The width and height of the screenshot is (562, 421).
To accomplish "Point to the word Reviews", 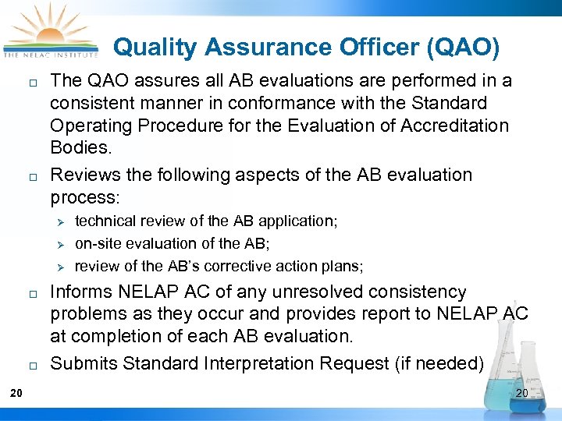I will pos(84,175).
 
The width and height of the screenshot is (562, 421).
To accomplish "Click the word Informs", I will pos(82,292).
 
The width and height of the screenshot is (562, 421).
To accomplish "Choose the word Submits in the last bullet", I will pos(84,363).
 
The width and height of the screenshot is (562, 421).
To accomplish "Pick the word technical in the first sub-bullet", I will pos(102,221).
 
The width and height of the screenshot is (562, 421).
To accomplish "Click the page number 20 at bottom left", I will pos(16,392).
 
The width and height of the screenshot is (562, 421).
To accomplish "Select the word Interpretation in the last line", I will pos(257,363).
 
